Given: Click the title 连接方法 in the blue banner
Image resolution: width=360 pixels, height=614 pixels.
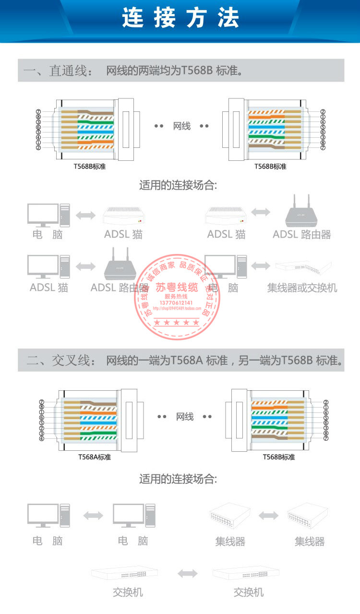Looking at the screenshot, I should point(180,19).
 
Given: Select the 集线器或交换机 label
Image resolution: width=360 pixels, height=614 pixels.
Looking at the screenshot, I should point(302,288).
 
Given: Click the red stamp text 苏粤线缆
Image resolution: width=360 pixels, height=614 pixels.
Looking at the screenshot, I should point(177,288).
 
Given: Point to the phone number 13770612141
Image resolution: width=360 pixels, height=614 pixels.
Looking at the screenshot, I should point(178,303).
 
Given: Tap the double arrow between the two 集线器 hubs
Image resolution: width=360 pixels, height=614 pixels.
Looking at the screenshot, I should point(268,516).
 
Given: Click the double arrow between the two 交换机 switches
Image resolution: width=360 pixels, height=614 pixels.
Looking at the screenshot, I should point(187,573).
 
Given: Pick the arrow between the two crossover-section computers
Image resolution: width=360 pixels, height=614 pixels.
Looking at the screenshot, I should point(93,516).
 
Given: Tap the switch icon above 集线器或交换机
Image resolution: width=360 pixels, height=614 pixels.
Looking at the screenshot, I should point(303,267).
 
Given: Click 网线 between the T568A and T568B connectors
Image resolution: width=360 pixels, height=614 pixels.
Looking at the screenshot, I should point(185,417).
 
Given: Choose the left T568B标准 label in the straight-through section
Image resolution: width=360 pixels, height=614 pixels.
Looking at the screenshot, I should point(86,167).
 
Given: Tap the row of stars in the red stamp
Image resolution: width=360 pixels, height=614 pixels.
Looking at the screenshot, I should point(177,322).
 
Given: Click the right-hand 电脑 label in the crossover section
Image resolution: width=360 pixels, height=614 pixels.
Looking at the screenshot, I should point(133,541).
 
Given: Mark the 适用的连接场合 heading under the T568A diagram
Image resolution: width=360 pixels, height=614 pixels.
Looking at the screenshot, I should point(178,479).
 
